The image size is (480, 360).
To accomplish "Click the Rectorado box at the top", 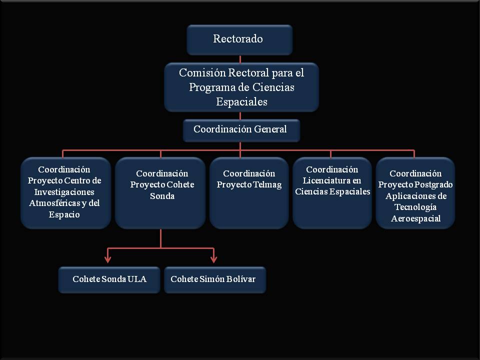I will (239, 39).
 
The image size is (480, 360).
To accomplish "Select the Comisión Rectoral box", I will (241, 87).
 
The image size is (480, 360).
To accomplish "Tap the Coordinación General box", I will (241, 129).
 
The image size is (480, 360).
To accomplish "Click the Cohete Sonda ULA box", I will (109, 279).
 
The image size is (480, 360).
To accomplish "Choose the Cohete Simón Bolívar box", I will (214, 279).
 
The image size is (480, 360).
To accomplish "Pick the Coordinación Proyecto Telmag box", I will (249, 192).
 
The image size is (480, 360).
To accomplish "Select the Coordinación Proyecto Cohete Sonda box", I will (160, 192).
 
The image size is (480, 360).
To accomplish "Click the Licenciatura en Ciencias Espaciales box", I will (332, 192).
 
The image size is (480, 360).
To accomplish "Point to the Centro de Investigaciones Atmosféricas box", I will (65, 192).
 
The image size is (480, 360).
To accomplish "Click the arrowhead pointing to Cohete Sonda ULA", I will (107, 259).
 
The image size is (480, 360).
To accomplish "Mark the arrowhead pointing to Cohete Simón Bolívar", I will (214, 259).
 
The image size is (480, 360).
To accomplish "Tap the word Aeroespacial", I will (415, 218).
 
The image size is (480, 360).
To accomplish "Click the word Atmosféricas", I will (57, 203).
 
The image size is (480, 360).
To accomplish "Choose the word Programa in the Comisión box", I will (209, 87).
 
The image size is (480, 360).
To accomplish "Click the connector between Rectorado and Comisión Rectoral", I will (240, 59).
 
